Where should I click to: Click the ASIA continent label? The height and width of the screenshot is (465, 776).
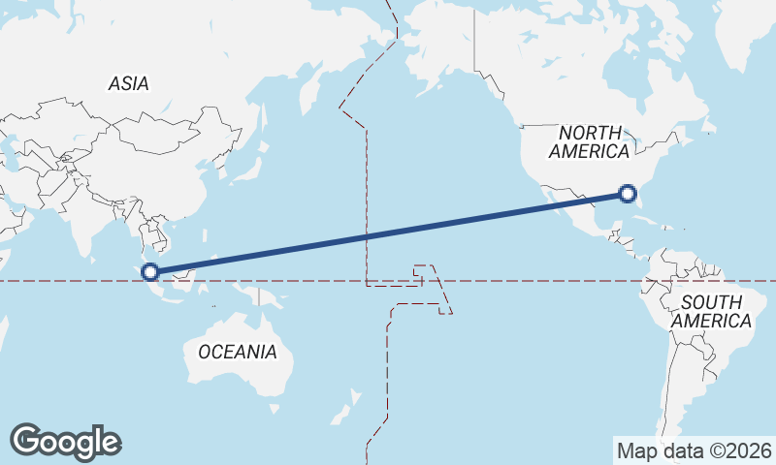click(129, 84)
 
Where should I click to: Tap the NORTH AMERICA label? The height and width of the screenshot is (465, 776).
click(589, 141)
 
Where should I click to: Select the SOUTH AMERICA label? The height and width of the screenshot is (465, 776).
click(712, 312)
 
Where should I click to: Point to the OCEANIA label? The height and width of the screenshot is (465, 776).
click(237, 352)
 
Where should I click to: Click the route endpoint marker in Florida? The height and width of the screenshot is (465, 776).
click(628, 195)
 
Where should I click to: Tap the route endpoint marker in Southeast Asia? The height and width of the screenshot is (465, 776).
click(150, 271)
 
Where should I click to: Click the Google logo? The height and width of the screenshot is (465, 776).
click(65, 442)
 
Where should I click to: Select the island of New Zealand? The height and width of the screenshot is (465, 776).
click(345, 411)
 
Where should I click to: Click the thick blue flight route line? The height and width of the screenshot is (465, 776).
click(388, 233)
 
